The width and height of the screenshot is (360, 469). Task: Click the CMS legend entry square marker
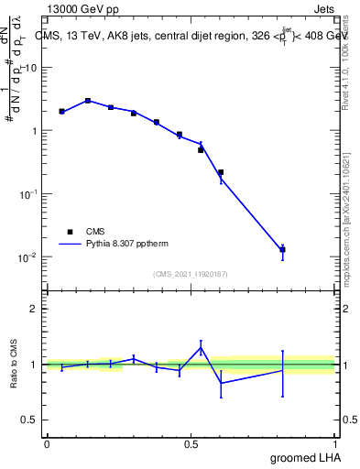point(70,232)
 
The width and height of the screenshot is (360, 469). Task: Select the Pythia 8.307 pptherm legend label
point(128,245)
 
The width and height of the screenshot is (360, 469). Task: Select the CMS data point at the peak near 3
point(88,101)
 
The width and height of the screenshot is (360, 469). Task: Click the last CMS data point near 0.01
point(283,249)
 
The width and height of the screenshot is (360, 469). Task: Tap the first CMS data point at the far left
point(61,112)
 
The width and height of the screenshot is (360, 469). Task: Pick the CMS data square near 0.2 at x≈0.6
point(221,172)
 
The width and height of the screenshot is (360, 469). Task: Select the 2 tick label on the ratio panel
point(32,309)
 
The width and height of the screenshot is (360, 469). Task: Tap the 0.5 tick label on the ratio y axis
point(28,420)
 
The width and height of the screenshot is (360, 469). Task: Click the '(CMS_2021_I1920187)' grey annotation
point(191,273)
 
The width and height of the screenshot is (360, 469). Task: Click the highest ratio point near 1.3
point(201,347)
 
